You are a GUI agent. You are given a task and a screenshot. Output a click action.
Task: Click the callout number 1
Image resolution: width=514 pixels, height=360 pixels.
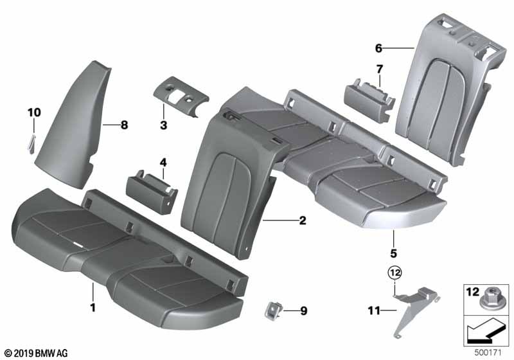[x=93, y=307]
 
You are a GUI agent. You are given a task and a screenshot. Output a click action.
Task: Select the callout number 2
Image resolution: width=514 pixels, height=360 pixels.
[x=302, y=221]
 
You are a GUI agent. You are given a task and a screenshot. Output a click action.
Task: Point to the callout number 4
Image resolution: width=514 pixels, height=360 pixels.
[x=163, y=163]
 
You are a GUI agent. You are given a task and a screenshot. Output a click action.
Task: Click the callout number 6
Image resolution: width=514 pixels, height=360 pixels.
[x=378, y=48]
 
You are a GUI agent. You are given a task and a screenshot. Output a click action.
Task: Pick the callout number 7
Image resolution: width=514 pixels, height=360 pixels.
[x=380, y=69]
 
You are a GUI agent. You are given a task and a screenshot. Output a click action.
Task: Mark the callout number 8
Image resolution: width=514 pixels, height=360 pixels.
[x=124, y=126]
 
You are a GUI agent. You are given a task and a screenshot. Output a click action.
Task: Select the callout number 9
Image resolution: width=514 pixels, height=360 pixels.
[x=303, y=311]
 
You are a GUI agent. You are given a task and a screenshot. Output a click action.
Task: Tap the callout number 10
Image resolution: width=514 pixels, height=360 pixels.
[x=33, y=113]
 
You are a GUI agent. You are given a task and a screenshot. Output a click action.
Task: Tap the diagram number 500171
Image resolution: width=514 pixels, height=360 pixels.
[x=493, y=352]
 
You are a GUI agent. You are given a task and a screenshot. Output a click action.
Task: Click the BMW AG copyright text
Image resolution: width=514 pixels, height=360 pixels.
[x=35, y=353]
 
